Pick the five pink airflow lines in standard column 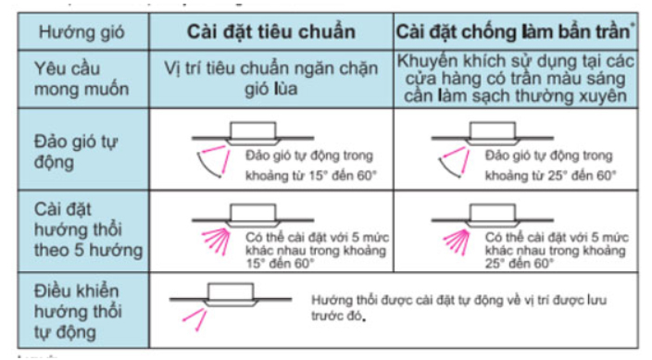pyautogui.click(x=217, y=236)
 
